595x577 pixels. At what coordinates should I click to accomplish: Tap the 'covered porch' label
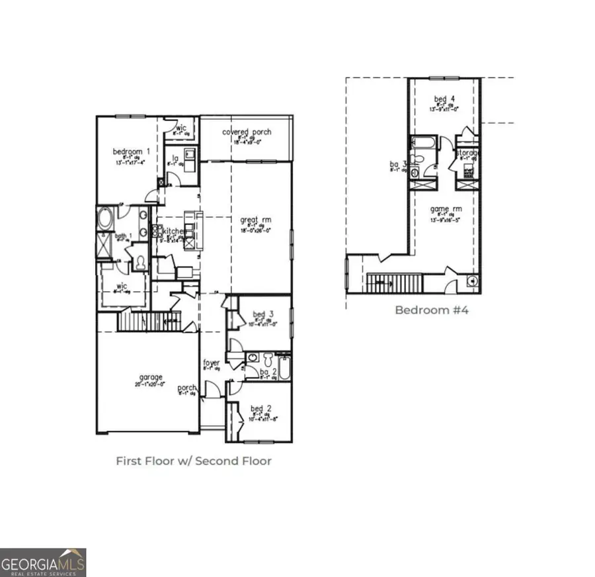coord(247,132)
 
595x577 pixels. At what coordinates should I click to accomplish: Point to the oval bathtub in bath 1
coord(105,218)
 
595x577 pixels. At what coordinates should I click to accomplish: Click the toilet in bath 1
coord(140,261)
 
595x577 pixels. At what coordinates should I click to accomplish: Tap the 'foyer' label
coord(212,363)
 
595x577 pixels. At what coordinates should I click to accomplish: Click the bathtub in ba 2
coord(284,368)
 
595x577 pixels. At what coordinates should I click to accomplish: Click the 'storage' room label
coord(467,153)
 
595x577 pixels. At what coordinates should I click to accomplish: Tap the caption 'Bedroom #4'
coord(431,310)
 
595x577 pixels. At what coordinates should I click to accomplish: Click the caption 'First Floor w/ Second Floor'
coord(194,461)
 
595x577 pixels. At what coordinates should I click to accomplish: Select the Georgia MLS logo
coord(43,562)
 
